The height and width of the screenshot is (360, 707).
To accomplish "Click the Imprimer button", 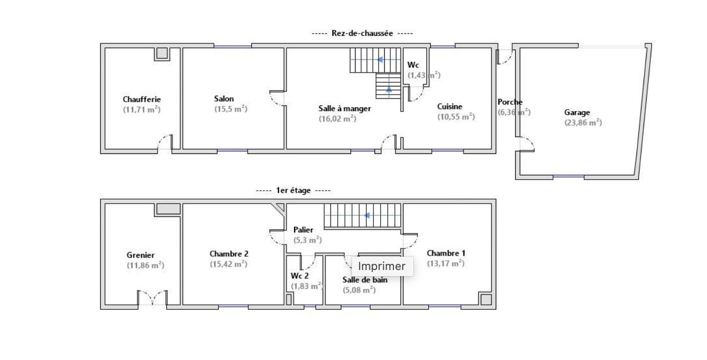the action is (x=382, y=266).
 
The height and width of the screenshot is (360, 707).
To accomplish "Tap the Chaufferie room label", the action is (x=142, y=99).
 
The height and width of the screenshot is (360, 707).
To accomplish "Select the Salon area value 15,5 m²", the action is (x=231, y=109).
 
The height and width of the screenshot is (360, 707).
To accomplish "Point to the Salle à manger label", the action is (x=345, y=108).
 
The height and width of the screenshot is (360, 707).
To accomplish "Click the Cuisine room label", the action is (x=450, y=107).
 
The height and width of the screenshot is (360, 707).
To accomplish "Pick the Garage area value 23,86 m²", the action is (x=583, y=123).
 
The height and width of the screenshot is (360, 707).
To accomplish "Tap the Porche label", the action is (x=510, y=102).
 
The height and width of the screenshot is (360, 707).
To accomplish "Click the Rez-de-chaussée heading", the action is (x=362, y=33).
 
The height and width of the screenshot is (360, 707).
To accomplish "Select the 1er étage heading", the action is (x=293, y=191).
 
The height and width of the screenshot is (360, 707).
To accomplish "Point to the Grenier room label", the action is (x=141, y=255).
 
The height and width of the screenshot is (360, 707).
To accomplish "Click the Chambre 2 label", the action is (x=229, y=254).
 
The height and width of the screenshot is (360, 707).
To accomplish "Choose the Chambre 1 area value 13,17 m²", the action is (x=446, y=263).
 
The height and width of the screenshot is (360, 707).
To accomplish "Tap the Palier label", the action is (x=303, y=230).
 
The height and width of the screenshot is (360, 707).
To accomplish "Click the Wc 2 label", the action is (x=299, y=276).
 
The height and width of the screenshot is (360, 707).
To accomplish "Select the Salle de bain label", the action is (x=365, y=280).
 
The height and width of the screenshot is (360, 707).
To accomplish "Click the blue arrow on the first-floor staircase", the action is (x=367, y=215).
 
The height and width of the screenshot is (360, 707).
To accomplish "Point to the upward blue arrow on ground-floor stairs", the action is (x=389, y=89).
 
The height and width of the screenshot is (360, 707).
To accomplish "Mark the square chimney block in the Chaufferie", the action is (x=162, y=53).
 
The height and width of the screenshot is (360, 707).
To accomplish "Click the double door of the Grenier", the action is (x=152, y=298).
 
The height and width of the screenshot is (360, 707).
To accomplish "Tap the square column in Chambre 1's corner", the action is (x=486, y=300).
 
